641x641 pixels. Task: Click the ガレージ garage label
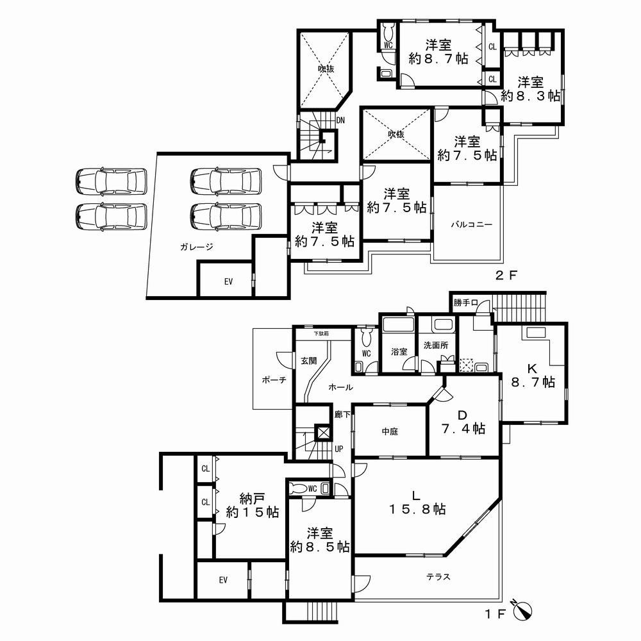point(196,246)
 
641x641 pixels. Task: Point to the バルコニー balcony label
point(470,225)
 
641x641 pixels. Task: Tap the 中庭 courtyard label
point(389,431)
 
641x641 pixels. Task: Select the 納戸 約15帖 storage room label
point(252,505)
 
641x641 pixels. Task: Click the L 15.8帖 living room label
point(417,502)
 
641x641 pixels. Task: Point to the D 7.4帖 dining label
point(462,421)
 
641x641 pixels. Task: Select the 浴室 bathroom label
point(399,351)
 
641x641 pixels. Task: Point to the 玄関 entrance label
point(308,361)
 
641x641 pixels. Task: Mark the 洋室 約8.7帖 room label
point(438,51)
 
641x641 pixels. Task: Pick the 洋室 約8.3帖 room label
point(531,88)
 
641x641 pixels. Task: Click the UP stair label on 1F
point(338,449)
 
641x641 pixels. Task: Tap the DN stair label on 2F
point(340,120)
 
